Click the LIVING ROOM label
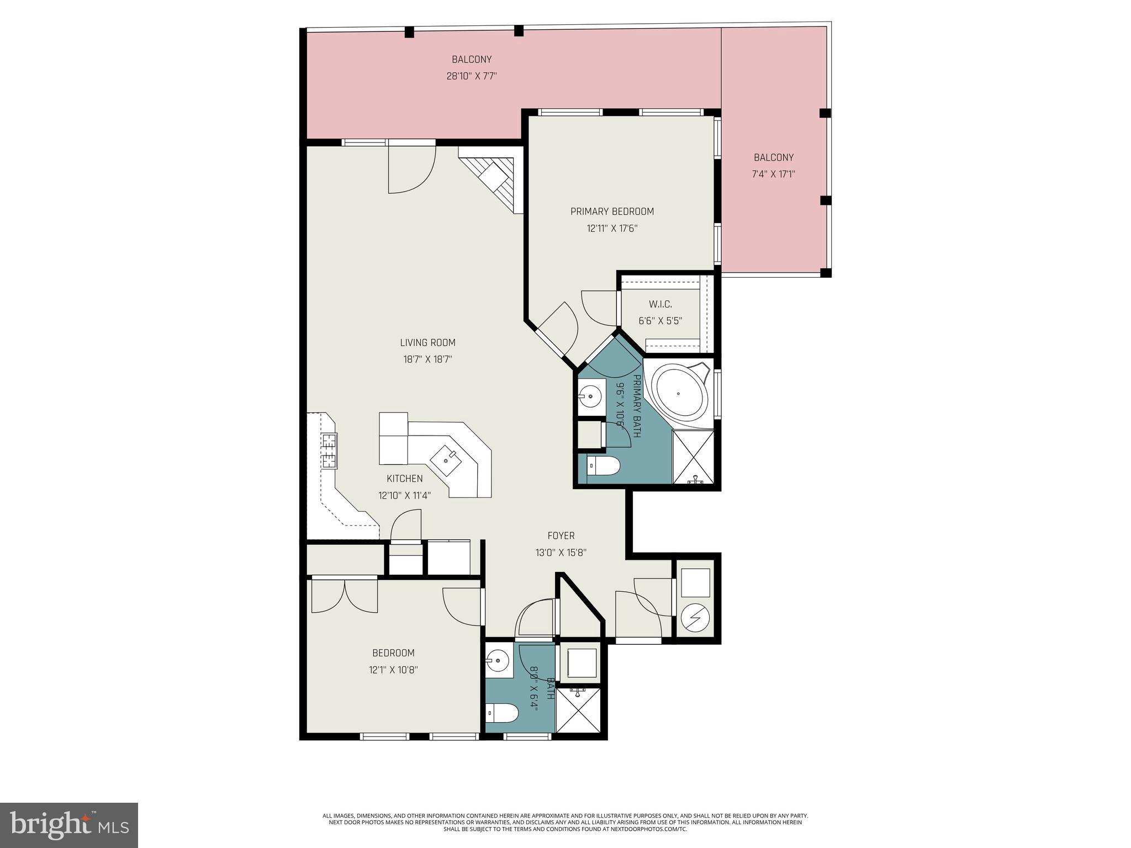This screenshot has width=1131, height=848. click(x=427, y=343)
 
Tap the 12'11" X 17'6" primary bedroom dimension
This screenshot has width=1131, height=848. click(x=612, y=228)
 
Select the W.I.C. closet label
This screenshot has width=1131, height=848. click(x=660, y=304)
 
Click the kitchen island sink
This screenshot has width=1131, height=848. click(x=446, y=459)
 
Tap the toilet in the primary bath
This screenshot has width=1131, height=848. click(x=603, y=466)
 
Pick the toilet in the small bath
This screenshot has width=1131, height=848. click(x=501, y=713)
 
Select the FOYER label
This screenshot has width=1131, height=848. click(x=561, y=536)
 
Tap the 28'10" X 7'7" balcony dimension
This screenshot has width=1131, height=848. click(x=472, y=76)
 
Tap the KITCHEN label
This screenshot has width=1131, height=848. click(x=404, y=479)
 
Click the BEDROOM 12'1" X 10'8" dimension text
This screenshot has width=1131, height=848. click(x=393, y=670)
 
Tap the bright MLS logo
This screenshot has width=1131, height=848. click(x=69, y=825)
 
